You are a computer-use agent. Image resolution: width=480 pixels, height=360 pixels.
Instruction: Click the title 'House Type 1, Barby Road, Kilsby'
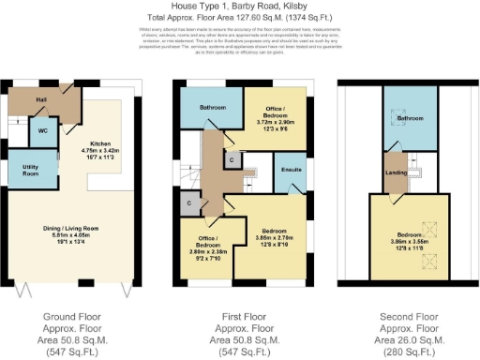pyautogui.click(x=239, y=7)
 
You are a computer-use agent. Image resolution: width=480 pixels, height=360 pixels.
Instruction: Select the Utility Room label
pyautogui.click(x=30, y=171)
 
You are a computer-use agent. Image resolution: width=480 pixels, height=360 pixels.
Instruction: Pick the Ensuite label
pyautogui.click(x=292, y=171)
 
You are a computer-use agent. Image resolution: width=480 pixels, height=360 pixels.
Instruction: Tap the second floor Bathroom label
pyautogui.click(x=409, y=119)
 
